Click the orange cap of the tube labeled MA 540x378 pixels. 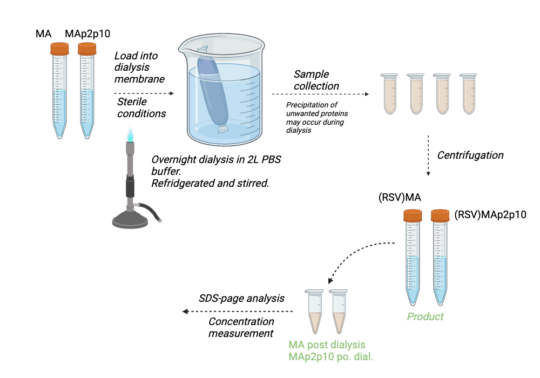coord(60,49)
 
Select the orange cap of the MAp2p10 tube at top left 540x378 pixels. coord(87,49)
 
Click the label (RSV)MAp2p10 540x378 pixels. coord(490,214)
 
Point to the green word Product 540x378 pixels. coord(425,316)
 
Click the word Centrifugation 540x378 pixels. coord(470,156)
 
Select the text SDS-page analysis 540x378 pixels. coord(241,298)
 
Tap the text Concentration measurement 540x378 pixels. coord(241,328)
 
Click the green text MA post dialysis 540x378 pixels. coord(327,345)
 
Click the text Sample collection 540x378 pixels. coord(316,80)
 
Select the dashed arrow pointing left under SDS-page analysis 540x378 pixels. coord(238,312)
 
